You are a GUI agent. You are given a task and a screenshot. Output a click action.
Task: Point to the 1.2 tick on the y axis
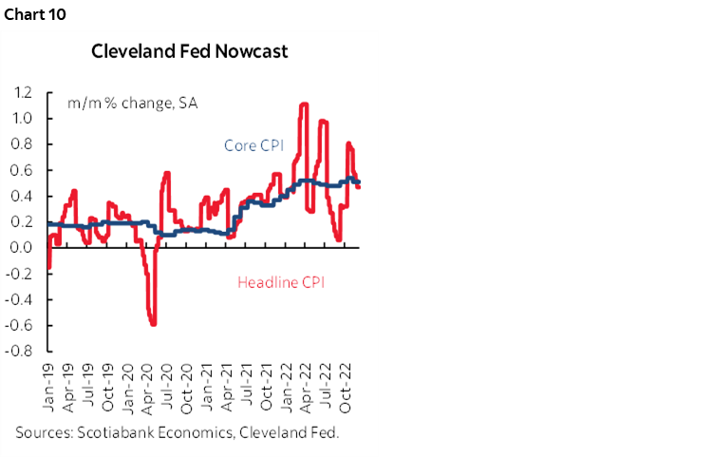click(x=23, y=93)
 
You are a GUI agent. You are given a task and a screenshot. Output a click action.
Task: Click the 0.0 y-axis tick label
click(x=23, y=248)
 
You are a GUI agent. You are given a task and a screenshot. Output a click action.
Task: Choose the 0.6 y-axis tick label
click(x=23, y=171)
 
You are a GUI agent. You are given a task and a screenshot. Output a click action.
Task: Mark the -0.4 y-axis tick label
click(x=20, y=299)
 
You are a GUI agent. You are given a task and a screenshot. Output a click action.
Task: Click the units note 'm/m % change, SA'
click(x=119, y=103)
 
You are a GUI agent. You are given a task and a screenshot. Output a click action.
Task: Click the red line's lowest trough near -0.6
click(x=152, y=324)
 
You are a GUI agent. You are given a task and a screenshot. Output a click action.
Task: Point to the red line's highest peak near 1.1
click(x=304, y=105)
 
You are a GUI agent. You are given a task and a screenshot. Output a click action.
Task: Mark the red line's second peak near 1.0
click(x=324, y=121)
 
